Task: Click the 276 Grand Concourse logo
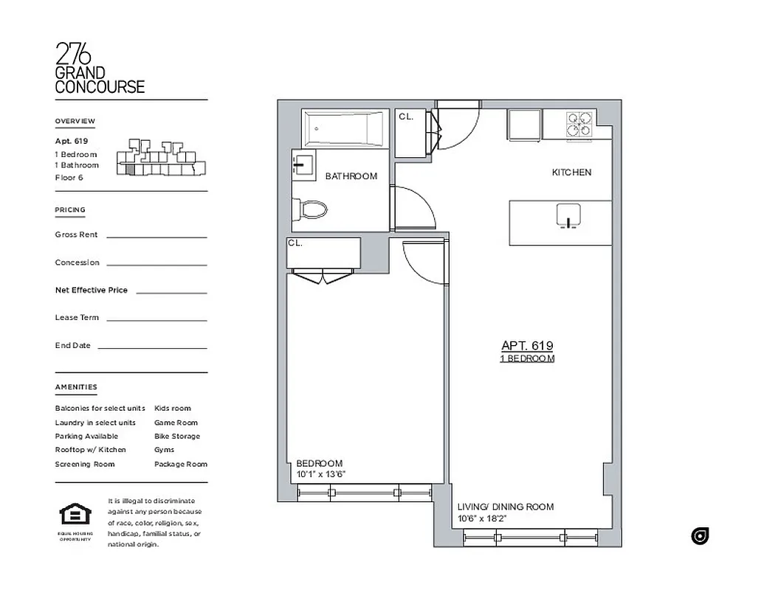pos(100,69)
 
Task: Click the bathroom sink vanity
pos(303,164)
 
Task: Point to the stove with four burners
pos(579,125)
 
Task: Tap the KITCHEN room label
pos(571,173)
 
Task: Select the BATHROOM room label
pos(351,176)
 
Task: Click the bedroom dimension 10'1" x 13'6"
pos(321,474)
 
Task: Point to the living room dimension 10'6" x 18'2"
pos(481,518)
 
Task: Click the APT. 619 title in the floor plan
pos(527,345)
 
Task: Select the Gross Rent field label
pos(76,235)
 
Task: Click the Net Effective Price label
pos(91,290)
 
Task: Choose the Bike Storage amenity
pos(176,437)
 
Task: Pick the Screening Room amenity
pos(84,464)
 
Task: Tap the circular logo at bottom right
pos(700,536)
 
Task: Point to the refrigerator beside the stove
pos(523,125)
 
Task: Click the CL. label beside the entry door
pos(406,117)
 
